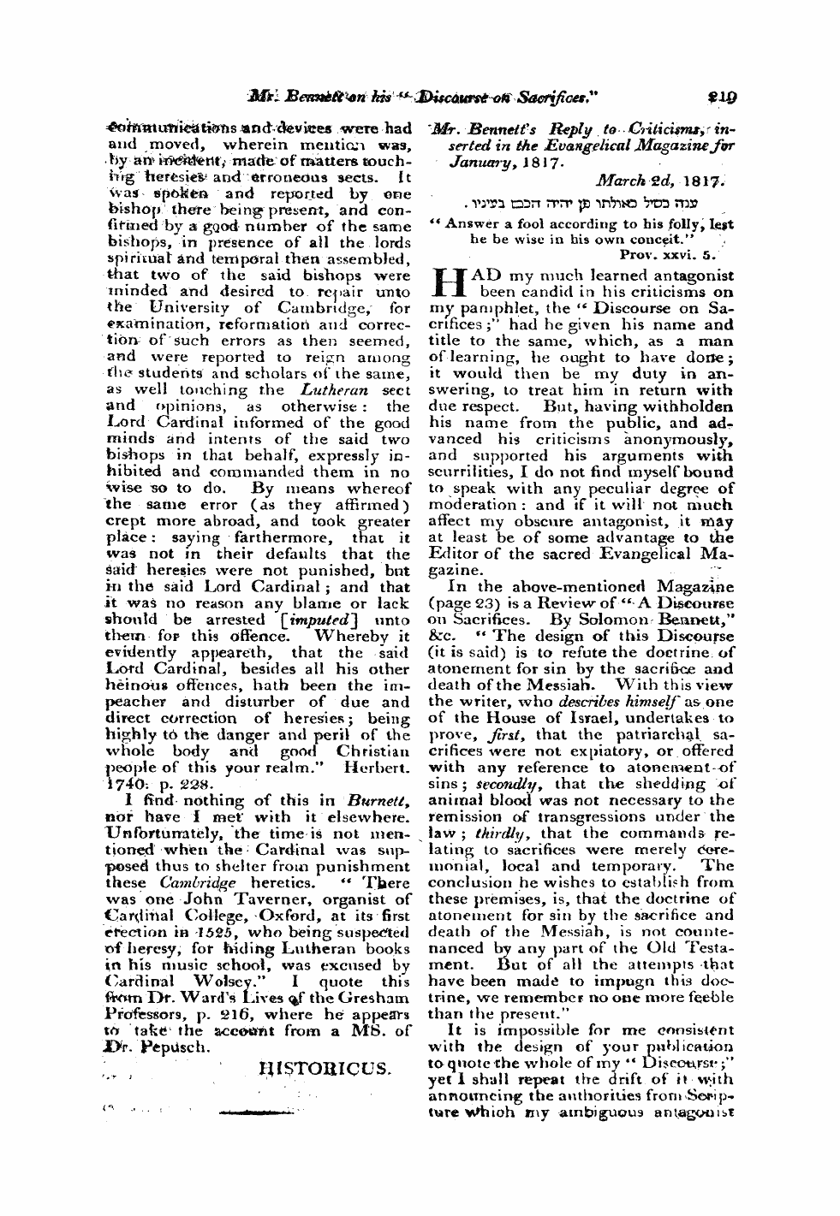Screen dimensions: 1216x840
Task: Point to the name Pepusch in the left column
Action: click(170, 1045)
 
